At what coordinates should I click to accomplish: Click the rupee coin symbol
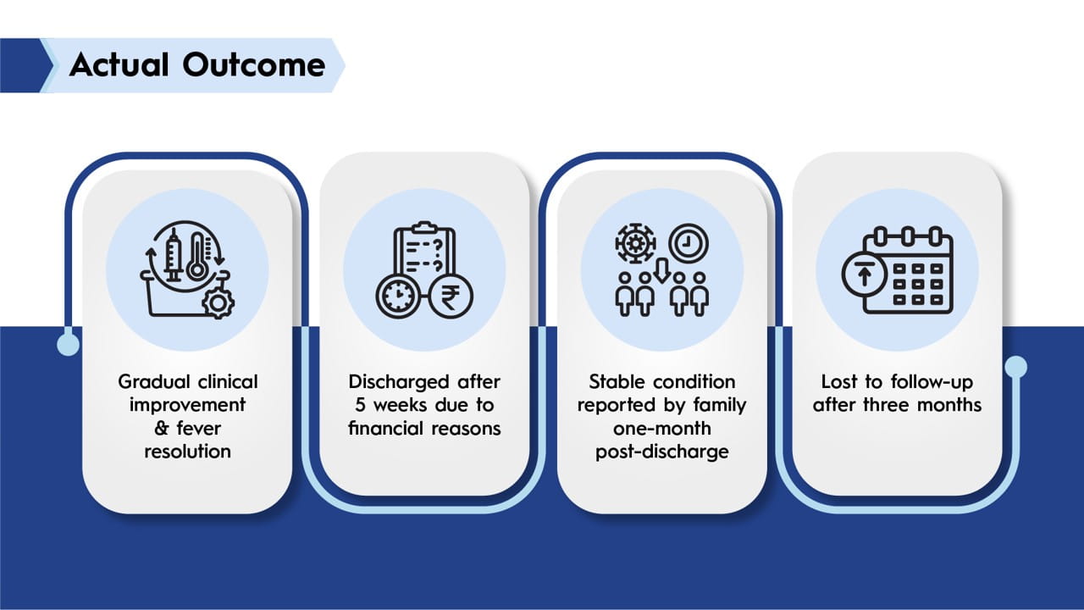(x=451, y=297)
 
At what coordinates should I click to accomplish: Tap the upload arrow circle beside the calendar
(x=864, y=275)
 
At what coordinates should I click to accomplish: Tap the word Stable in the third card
(x=617, y=381)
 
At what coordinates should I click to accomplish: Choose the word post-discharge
(x=662, y=452)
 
